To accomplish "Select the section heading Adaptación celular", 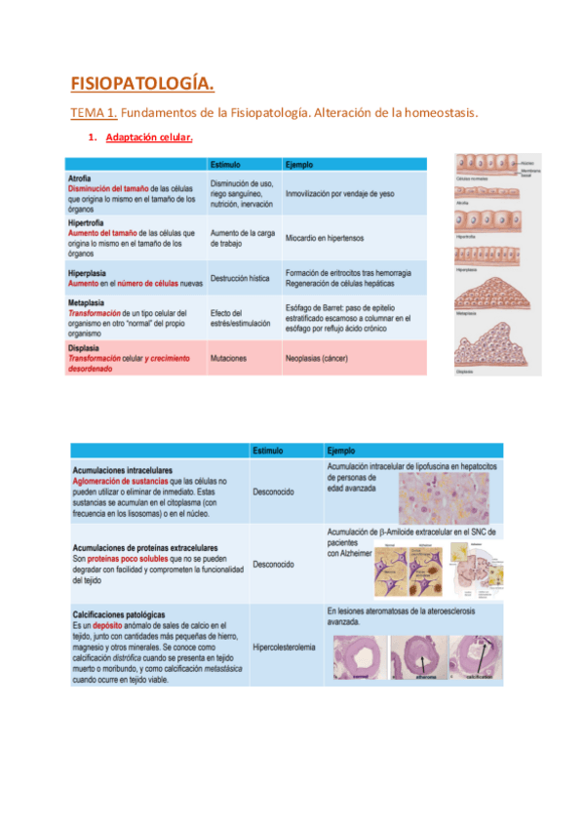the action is (x=149, y=138).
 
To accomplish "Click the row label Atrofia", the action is (x=80, y=178).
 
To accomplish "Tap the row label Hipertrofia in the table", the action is (x=88, y=222).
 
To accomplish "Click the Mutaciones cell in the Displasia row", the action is (x=228, y=359).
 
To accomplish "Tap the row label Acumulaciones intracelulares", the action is (x=121, y=471).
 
